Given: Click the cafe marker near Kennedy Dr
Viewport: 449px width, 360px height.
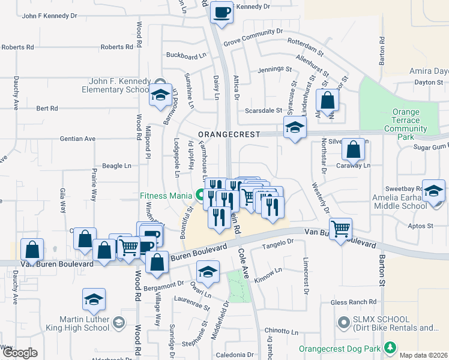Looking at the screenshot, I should pos(221,11).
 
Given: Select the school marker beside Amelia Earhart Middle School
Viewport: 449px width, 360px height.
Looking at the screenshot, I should pos(433,191).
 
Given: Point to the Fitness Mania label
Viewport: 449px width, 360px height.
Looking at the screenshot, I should pos(164,195).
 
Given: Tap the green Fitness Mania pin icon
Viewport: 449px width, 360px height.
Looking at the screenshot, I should pos(200,195).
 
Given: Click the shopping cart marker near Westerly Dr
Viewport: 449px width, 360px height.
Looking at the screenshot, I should pos(340,228).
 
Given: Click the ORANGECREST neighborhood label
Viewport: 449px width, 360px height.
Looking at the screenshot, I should pos(227,134).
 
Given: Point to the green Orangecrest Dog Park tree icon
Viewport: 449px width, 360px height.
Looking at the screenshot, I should pos(390,347).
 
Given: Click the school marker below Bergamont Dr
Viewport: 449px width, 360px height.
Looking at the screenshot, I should pos(208,272).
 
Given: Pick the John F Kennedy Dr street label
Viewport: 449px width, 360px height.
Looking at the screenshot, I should pos(50,16).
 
